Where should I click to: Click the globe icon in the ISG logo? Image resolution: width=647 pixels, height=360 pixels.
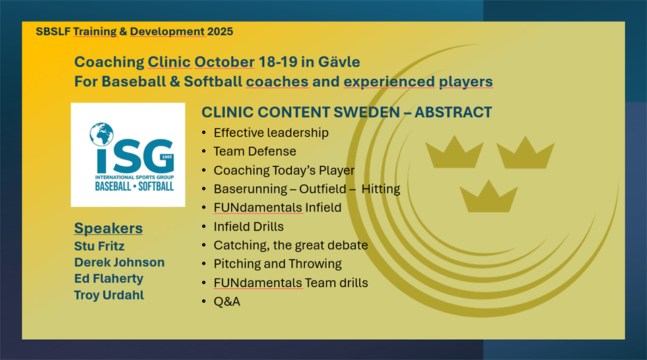point(102,134)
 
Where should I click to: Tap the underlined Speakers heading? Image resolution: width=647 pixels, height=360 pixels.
point(108,229)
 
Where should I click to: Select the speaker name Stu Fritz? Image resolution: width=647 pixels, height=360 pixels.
point(99,246)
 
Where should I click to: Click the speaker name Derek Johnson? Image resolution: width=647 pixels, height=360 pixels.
point(119,262)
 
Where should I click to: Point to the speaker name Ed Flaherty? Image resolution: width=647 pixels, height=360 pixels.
point(109,278)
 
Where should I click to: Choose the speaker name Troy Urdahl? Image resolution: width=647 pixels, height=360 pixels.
point(109,295)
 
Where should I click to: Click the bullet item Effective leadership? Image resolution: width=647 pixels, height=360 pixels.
point(271,133)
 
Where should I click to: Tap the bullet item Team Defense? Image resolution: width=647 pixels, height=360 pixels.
point(255,152)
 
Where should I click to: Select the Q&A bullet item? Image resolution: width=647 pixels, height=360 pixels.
point(226,301)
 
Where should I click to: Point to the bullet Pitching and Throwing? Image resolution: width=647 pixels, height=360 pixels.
point(277,264)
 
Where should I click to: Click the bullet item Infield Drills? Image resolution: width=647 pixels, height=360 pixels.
point(249,227)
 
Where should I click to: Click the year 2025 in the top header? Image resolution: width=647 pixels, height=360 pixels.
point(220,32)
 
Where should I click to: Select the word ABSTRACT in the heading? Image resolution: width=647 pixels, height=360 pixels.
point(453,113)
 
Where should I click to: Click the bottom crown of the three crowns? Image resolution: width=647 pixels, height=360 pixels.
point(489,196)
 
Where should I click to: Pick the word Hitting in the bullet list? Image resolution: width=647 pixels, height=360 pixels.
point(380,189)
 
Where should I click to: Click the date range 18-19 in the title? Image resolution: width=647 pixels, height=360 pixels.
point(278,62)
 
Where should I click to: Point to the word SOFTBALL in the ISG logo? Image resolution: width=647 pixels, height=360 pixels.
point(156,186)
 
